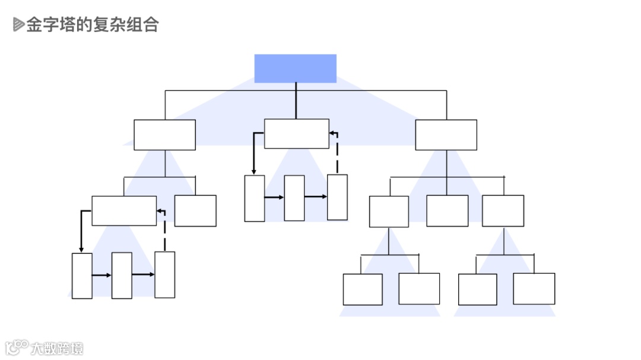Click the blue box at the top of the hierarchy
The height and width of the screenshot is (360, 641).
point(295,68)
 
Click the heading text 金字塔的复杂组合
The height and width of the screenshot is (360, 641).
point(92,24)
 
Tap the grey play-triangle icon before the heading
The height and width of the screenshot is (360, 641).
point(18,24)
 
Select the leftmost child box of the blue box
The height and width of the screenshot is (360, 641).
point(164,135)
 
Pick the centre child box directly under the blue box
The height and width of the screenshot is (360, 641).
point(296,133)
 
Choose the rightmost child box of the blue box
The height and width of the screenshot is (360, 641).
point(446,135)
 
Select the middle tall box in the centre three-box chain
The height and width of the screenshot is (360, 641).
point(294,198)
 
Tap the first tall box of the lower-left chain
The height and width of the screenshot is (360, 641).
point(82,276)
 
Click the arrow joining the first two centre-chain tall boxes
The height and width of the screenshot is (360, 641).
point(274,197)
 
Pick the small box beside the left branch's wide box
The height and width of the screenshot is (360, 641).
point(195,211)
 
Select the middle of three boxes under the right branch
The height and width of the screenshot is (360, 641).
point(447,211)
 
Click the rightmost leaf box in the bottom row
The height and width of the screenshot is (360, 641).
point(534,289)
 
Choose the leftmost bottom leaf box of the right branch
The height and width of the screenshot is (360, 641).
point(363,289)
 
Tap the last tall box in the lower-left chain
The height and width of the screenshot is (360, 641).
point(165,275)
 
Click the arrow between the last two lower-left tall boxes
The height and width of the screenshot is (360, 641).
point(143,275)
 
